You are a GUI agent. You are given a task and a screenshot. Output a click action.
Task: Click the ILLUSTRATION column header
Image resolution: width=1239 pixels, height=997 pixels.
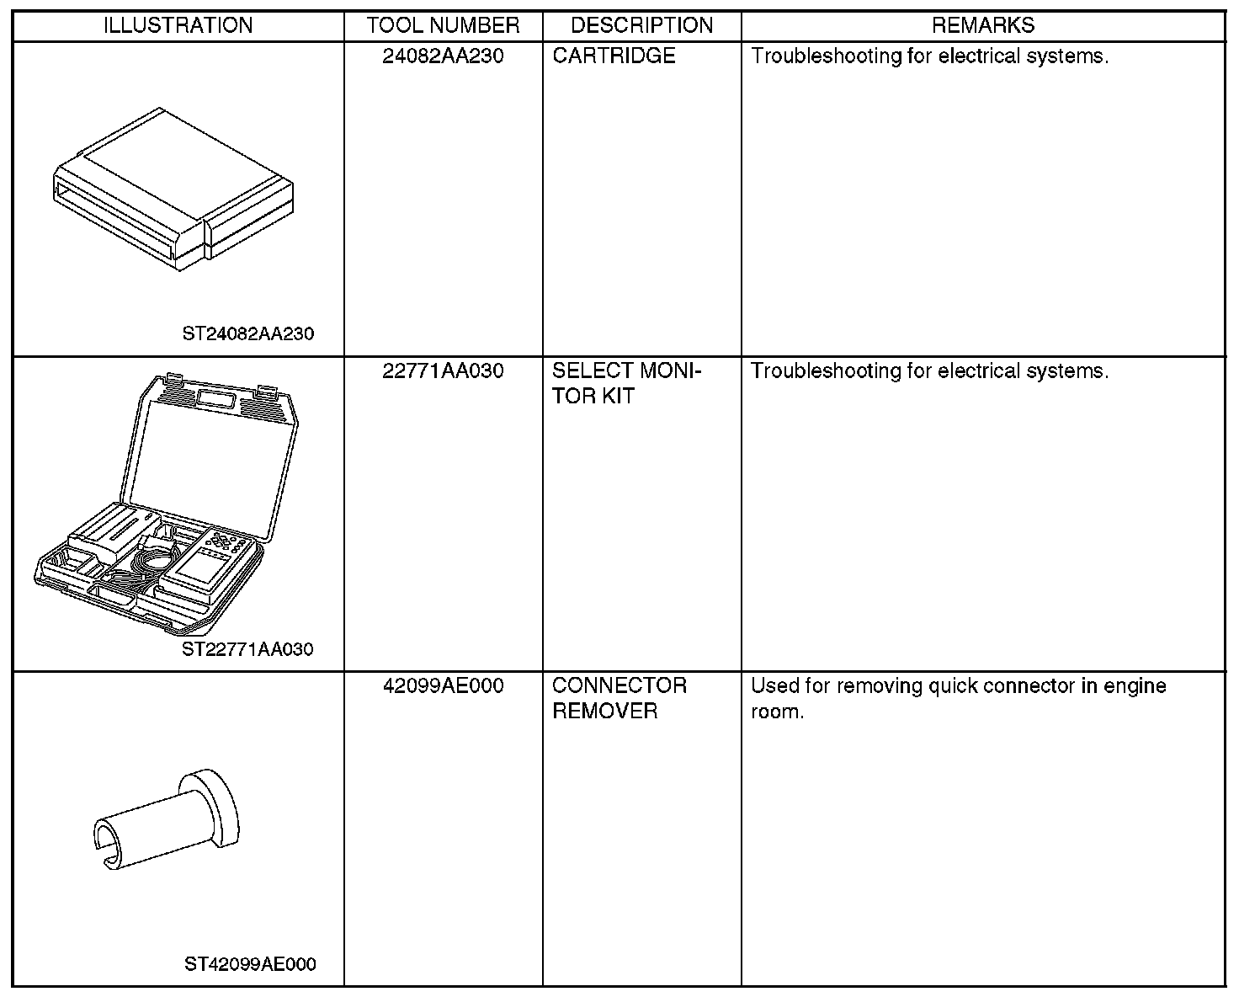pos(178,25)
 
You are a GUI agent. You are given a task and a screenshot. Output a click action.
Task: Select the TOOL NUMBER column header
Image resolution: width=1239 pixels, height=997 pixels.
pos(443,25)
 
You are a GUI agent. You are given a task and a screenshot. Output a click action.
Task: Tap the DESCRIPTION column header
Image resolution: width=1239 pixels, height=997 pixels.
pos(641,25)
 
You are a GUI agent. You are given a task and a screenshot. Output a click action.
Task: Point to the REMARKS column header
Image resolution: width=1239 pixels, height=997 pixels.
pos(982,25)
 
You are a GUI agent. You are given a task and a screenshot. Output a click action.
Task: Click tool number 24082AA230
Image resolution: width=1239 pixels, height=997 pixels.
pos(443,56)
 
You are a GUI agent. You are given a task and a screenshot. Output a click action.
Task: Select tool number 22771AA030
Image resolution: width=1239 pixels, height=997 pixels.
pos(443,371)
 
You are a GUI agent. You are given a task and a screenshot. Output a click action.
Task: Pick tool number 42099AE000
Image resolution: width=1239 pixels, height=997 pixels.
pos(443,686)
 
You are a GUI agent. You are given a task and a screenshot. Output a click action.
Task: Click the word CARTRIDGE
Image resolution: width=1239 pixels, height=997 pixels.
pos(614,56)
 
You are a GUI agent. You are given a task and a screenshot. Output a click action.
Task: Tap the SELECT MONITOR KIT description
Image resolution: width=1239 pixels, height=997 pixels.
pos(626,383)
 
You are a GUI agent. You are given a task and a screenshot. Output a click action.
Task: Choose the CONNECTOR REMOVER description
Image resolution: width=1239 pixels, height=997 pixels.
pos(619,698)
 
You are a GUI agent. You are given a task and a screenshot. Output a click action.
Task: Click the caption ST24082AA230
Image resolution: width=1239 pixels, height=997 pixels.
pos(248,334)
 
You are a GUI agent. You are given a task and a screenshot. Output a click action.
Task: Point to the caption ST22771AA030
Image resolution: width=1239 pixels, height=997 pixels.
pos(247,649)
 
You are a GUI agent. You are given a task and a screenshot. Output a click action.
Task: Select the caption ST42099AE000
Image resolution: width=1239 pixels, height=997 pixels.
pos(250,964)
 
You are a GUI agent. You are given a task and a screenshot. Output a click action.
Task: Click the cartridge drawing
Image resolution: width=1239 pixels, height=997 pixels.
pos(173,189)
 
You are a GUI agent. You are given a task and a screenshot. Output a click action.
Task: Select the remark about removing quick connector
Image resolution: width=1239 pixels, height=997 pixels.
pos(958,698)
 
